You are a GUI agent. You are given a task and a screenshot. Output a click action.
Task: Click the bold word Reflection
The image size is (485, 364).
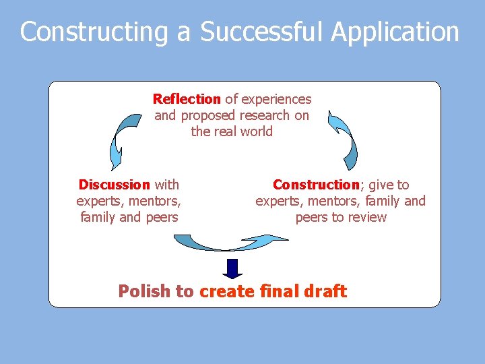(x=187, y=99)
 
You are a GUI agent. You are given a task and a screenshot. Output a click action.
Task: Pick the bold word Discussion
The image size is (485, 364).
(x=114, y=185)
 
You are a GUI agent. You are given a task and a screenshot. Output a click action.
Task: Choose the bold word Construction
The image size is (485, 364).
(x=316, y=185)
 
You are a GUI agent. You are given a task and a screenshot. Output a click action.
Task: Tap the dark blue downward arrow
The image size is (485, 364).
(x=232, y=268)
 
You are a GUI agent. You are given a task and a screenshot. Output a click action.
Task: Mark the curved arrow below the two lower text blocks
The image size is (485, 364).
(x=229, y=242)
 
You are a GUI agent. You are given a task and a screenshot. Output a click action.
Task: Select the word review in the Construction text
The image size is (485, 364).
(x=368, y=217)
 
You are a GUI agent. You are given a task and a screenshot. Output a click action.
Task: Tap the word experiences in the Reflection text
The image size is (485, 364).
(x=276, y=99)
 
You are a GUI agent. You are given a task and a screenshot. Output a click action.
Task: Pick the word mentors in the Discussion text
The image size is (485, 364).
(x=156, y=201)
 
